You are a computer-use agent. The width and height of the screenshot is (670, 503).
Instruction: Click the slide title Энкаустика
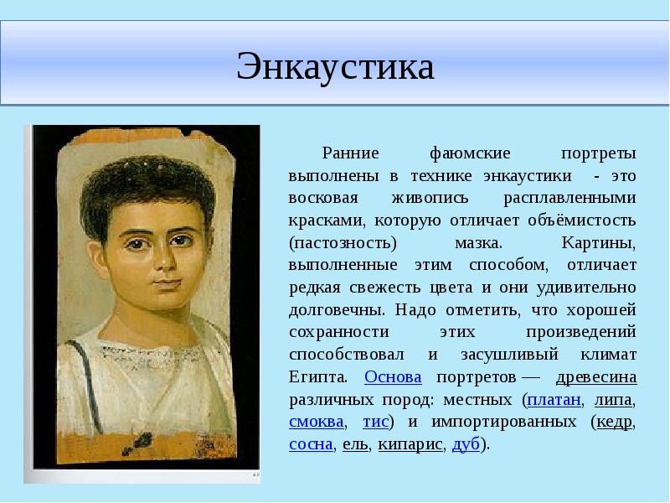[335, 66]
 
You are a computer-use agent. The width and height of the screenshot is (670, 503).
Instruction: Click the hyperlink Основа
[393, 376]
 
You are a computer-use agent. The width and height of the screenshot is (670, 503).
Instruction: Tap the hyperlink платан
[554, 398]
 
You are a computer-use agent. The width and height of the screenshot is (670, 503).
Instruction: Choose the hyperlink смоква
[316, 421]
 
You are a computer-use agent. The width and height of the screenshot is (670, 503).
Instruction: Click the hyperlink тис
[375, 421]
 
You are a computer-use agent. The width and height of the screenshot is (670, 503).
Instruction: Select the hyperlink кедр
[614, 421]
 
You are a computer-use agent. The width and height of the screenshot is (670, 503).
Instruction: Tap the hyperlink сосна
[311, 443]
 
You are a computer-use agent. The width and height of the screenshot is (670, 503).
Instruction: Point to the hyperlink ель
[355, 443]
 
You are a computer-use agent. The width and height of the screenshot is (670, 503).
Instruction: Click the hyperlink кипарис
[410, 443]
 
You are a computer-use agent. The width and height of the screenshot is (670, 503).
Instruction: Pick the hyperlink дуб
[465, 443]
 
